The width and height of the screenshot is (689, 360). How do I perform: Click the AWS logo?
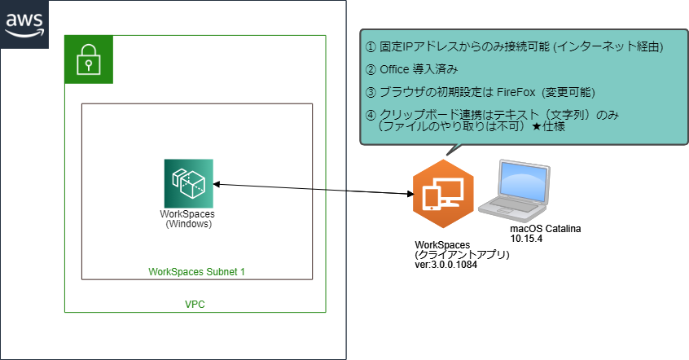(24, 23)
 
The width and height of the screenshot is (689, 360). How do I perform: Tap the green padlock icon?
(88, 60)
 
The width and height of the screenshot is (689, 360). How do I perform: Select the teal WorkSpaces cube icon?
(188, 184)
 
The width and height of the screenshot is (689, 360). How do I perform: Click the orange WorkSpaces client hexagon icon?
(442, 195)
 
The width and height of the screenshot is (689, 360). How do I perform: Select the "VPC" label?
(195, 304)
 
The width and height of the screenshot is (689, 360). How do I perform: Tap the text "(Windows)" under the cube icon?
(188, 224)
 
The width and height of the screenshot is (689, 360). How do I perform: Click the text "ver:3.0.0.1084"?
(445, 265)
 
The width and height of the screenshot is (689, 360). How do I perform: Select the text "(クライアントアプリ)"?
(462, 255)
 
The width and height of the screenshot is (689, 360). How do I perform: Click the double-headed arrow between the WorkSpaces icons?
(314, 189)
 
